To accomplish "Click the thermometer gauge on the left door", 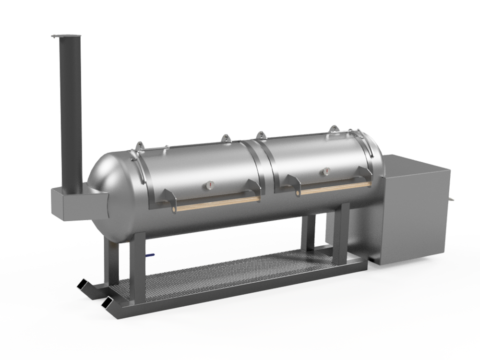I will tap(210, 184).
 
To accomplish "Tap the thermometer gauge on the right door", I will tap(326, 171).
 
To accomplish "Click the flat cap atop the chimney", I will tap(66, 36).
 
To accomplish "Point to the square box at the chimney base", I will tap(77, 202).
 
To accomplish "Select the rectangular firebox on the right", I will tap(413, 211).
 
